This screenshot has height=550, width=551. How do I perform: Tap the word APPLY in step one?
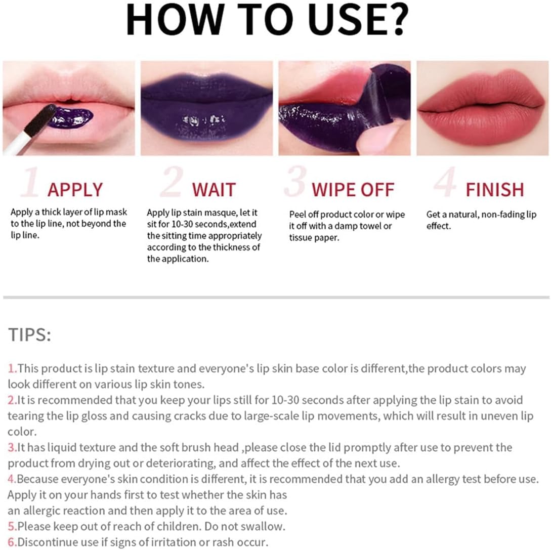pyautogui.click(x=75, y=190)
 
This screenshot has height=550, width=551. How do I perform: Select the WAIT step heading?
pyautogui.click(x=214, y=190)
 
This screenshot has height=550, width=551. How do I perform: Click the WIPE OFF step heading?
pyautogui.click(x=353, y=190)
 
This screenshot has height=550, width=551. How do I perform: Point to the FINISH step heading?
pyautogui.click(x=495, y=190)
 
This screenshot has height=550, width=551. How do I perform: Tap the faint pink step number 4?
pyautogui.click(x=445, y=182)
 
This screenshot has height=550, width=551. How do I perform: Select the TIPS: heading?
pyautogui.click(x=29, y=334)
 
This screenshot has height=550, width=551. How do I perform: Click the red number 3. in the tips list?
pyautogui.click(x=12, y=447)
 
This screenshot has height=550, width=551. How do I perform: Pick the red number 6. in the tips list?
pyautogui.click(x=12, y=542)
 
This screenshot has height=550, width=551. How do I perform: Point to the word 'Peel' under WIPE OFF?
pyautogui.click(x=298, y=215)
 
